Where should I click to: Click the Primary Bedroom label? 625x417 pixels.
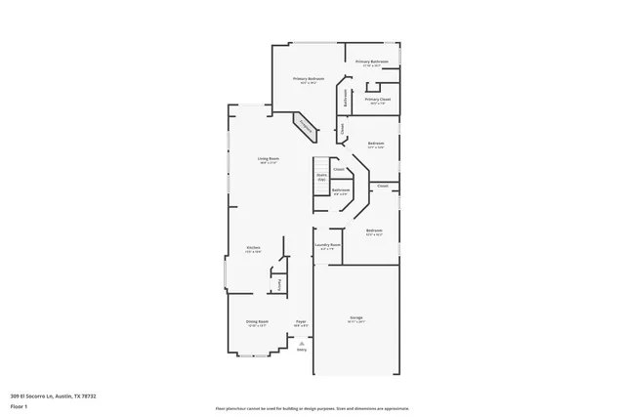(309, 78)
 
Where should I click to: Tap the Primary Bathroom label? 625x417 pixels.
(371, 62)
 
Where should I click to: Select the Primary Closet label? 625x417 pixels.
(377, 99)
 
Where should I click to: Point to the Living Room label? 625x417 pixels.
(269, 158)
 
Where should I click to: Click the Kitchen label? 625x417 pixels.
(252, 248)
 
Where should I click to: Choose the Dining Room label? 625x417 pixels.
(257, 320)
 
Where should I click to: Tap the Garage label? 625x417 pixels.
(356, 318)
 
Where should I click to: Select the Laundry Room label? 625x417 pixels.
(327, 244)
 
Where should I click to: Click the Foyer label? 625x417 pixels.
(301, 320)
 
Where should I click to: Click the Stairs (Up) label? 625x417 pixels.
(320, 177)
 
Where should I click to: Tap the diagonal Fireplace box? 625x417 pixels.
(305, 125)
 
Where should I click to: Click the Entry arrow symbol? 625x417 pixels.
(302, 343)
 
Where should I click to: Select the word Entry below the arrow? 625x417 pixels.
(302, 350)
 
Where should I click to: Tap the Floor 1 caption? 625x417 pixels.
(18, 404)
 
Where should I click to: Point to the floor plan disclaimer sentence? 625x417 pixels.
(312, 406)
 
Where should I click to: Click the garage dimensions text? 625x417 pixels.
(356, 323)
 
